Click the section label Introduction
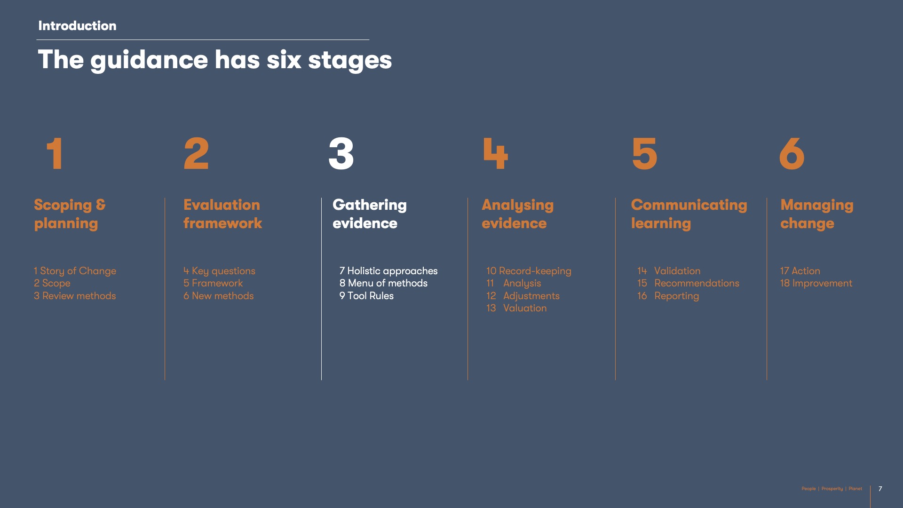77,26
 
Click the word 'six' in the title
284,60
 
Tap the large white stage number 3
341,153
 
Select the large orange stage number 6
792,153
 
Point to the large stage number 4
496,153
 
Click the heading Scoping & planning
70,214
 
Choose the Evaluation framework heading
222,214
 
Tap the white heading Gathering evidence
370,214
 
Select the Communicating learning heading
689,214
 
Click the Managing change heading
817,214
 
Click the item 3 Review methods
75,296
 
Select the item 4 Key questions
219,271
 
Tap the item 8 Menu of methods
383,283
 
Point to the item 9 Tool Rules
366,296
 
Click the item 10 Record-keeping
529,271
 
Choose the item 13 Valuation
516,308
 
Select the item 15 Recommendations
688,283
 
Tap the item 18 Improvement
816,283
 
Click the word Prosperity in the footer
832,489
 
